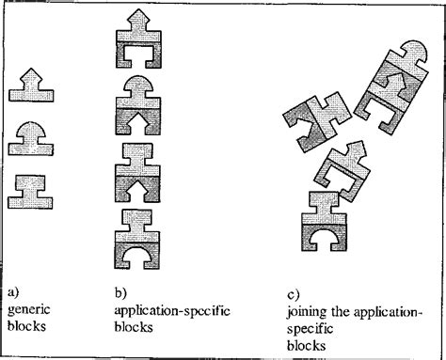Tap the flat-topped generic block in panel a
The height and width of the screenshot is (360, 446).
click(32, 191)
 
